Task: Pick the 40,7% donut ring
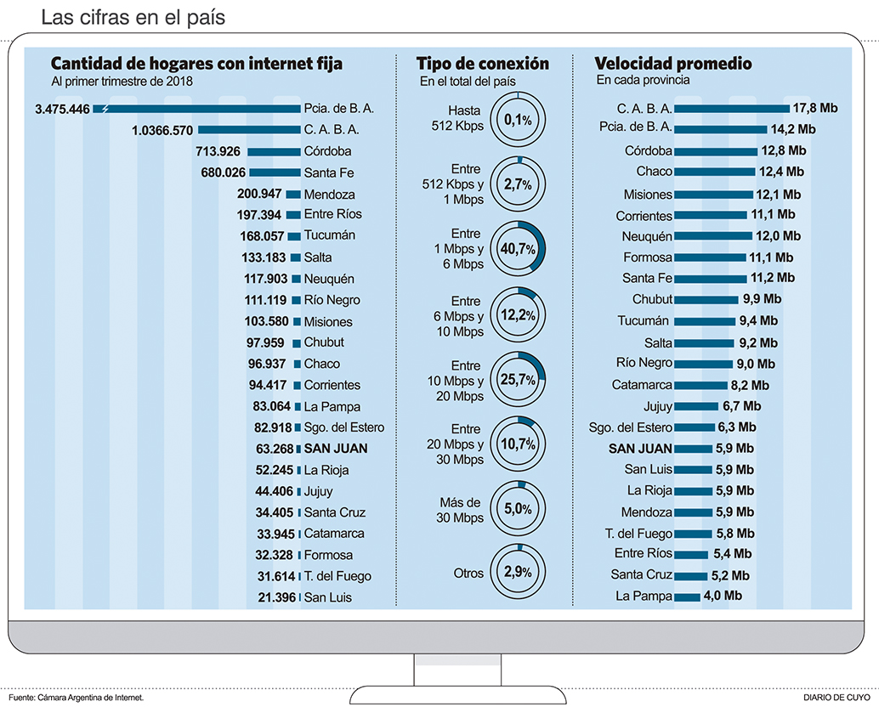(518, 249)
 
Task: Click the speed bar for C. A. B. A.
(731, 108)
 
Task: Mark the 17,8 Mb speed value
(814, 108)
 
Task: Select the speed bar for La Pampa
(686, 597)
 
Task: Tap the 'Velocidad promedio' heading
(672, 64)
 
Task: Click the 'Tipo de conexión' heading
(482, 64)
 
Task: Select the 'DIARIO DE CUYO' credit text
(836, 698)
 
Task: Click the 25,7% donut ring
(518, 377)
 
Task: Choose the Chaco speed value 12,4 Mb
(782, 172)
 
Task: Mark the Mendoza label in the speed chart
(647, 512)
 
